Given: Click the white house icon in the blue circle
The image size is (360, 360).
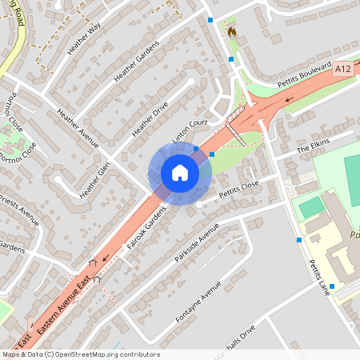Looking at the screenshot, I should pyautogui.click(x=180, y=173).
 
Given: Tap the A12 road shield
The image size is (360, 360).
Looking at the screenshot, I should pyautogui.click(x=343, y=70).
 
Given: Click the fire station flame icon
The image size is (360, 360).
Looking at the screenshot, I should pyautogui.click(x=232, y=33).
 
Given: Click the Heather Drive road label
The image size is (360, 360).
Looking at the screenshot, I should pyautogui.click(x=152, y=116).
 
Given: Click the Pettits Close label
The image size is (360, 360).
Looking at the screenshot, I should pyautogui.click(x=240, y=188).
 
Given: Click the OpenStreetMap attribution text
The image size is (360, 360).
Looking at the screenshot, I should pyautogui.click(x=81, y=354).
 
